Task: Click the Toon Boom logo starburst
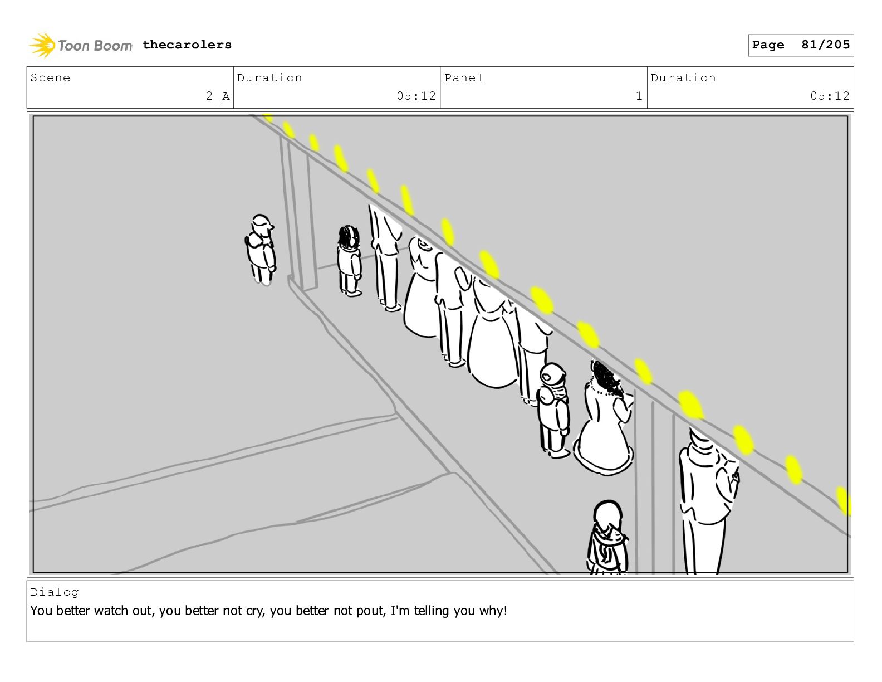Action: pyautogui.click(x=42, y=45)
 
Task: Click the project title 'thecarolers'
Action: pyautogui.click(x=187, y=45)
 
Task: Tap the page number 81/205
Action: pyautogui.click(x=825, y=45)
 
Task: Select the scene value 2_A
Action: pyautogui.click(x=218, y=96)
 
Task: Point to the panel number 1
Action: pyautogui.click(x=639, y=96)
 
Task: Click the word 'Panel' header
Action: pyautogui.click(x=464, y=77)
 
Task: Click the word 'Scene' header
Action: pyautogui.click(x=50, y=77)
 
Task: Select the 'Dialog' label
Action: pyautogui.click(x=55, y=592)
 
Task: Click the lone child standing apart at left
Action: pyautogui.click(x=261, y=250)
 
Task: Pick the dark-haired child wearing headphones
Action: pyautogui.click(x=349, y=261)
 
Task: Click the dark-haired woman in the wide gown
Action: pyautogui.click(x=604, y=418)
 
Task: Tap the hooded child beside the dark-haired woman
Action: pyautogui.click(x=553, y=410)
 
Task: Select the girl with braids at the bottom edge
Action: pyautogui.click(x=607, y=537)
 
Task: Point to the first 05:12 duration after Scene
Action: pyautogui.click(x=416, y=96)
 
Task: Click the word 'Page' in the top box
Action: pyautogui.click(x=768, y=45)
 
